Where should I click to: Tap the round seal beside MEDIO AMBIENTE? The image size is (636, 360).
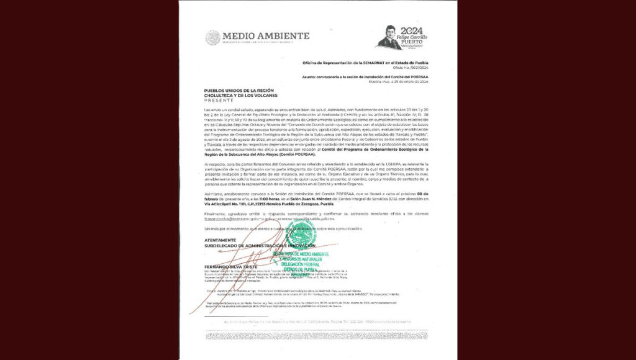212,37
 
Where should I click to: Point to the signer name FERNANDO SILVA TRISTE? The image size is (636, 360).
228,266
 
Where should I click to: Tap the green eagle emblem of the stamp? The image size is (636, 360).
302,235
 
